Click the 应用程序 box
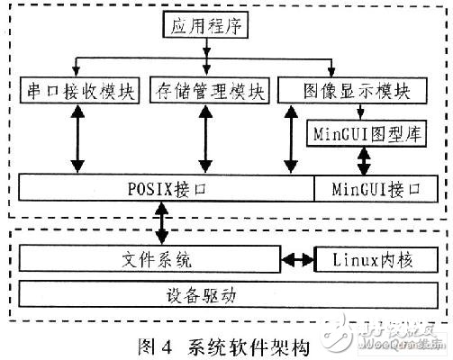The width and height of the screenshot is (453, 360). point(205,25)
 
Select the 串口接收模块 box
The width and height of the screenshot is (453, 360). point(79,91)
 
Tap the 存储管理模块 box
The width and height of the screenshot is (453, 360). point(209,91)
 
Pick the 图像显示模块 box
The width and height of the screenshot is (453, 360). point(352,91)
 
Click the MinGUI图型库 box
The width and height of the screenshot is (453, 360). point(367,133)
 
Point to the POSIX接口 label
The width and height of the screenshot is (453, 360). point(167,189)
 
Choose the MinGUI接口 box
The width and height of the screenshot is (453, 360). point(376,189)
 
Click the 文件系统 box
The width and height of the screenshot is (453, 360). point(149,259)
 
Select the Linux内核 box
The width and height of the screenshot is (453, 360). point(376,260)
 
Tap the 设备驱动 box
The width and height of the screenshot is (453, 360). point(228,294)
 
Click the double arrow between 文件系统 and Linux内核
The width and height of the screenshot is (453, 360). point(297,259)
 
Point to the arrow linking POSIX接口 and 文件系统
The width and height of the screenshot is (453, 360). point(162,223)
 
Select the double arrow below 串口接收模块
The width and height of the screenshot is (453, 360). point(77,139)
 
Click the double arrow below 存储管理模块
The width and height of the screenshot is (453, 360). point(205,139)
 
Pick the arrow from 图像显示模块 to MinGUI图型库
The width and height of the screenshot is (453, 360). point(360,112)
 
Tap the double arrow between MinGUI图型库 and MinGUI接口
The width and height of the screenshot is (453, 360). point(364,161)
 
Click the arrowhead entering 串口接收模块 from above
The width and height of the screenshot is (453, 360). point(77,72)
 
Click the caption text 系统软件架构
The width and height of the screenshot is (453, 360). point(249,347)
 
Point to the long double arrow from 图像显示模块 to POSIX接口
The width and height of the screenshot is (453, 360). point(291,139)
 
